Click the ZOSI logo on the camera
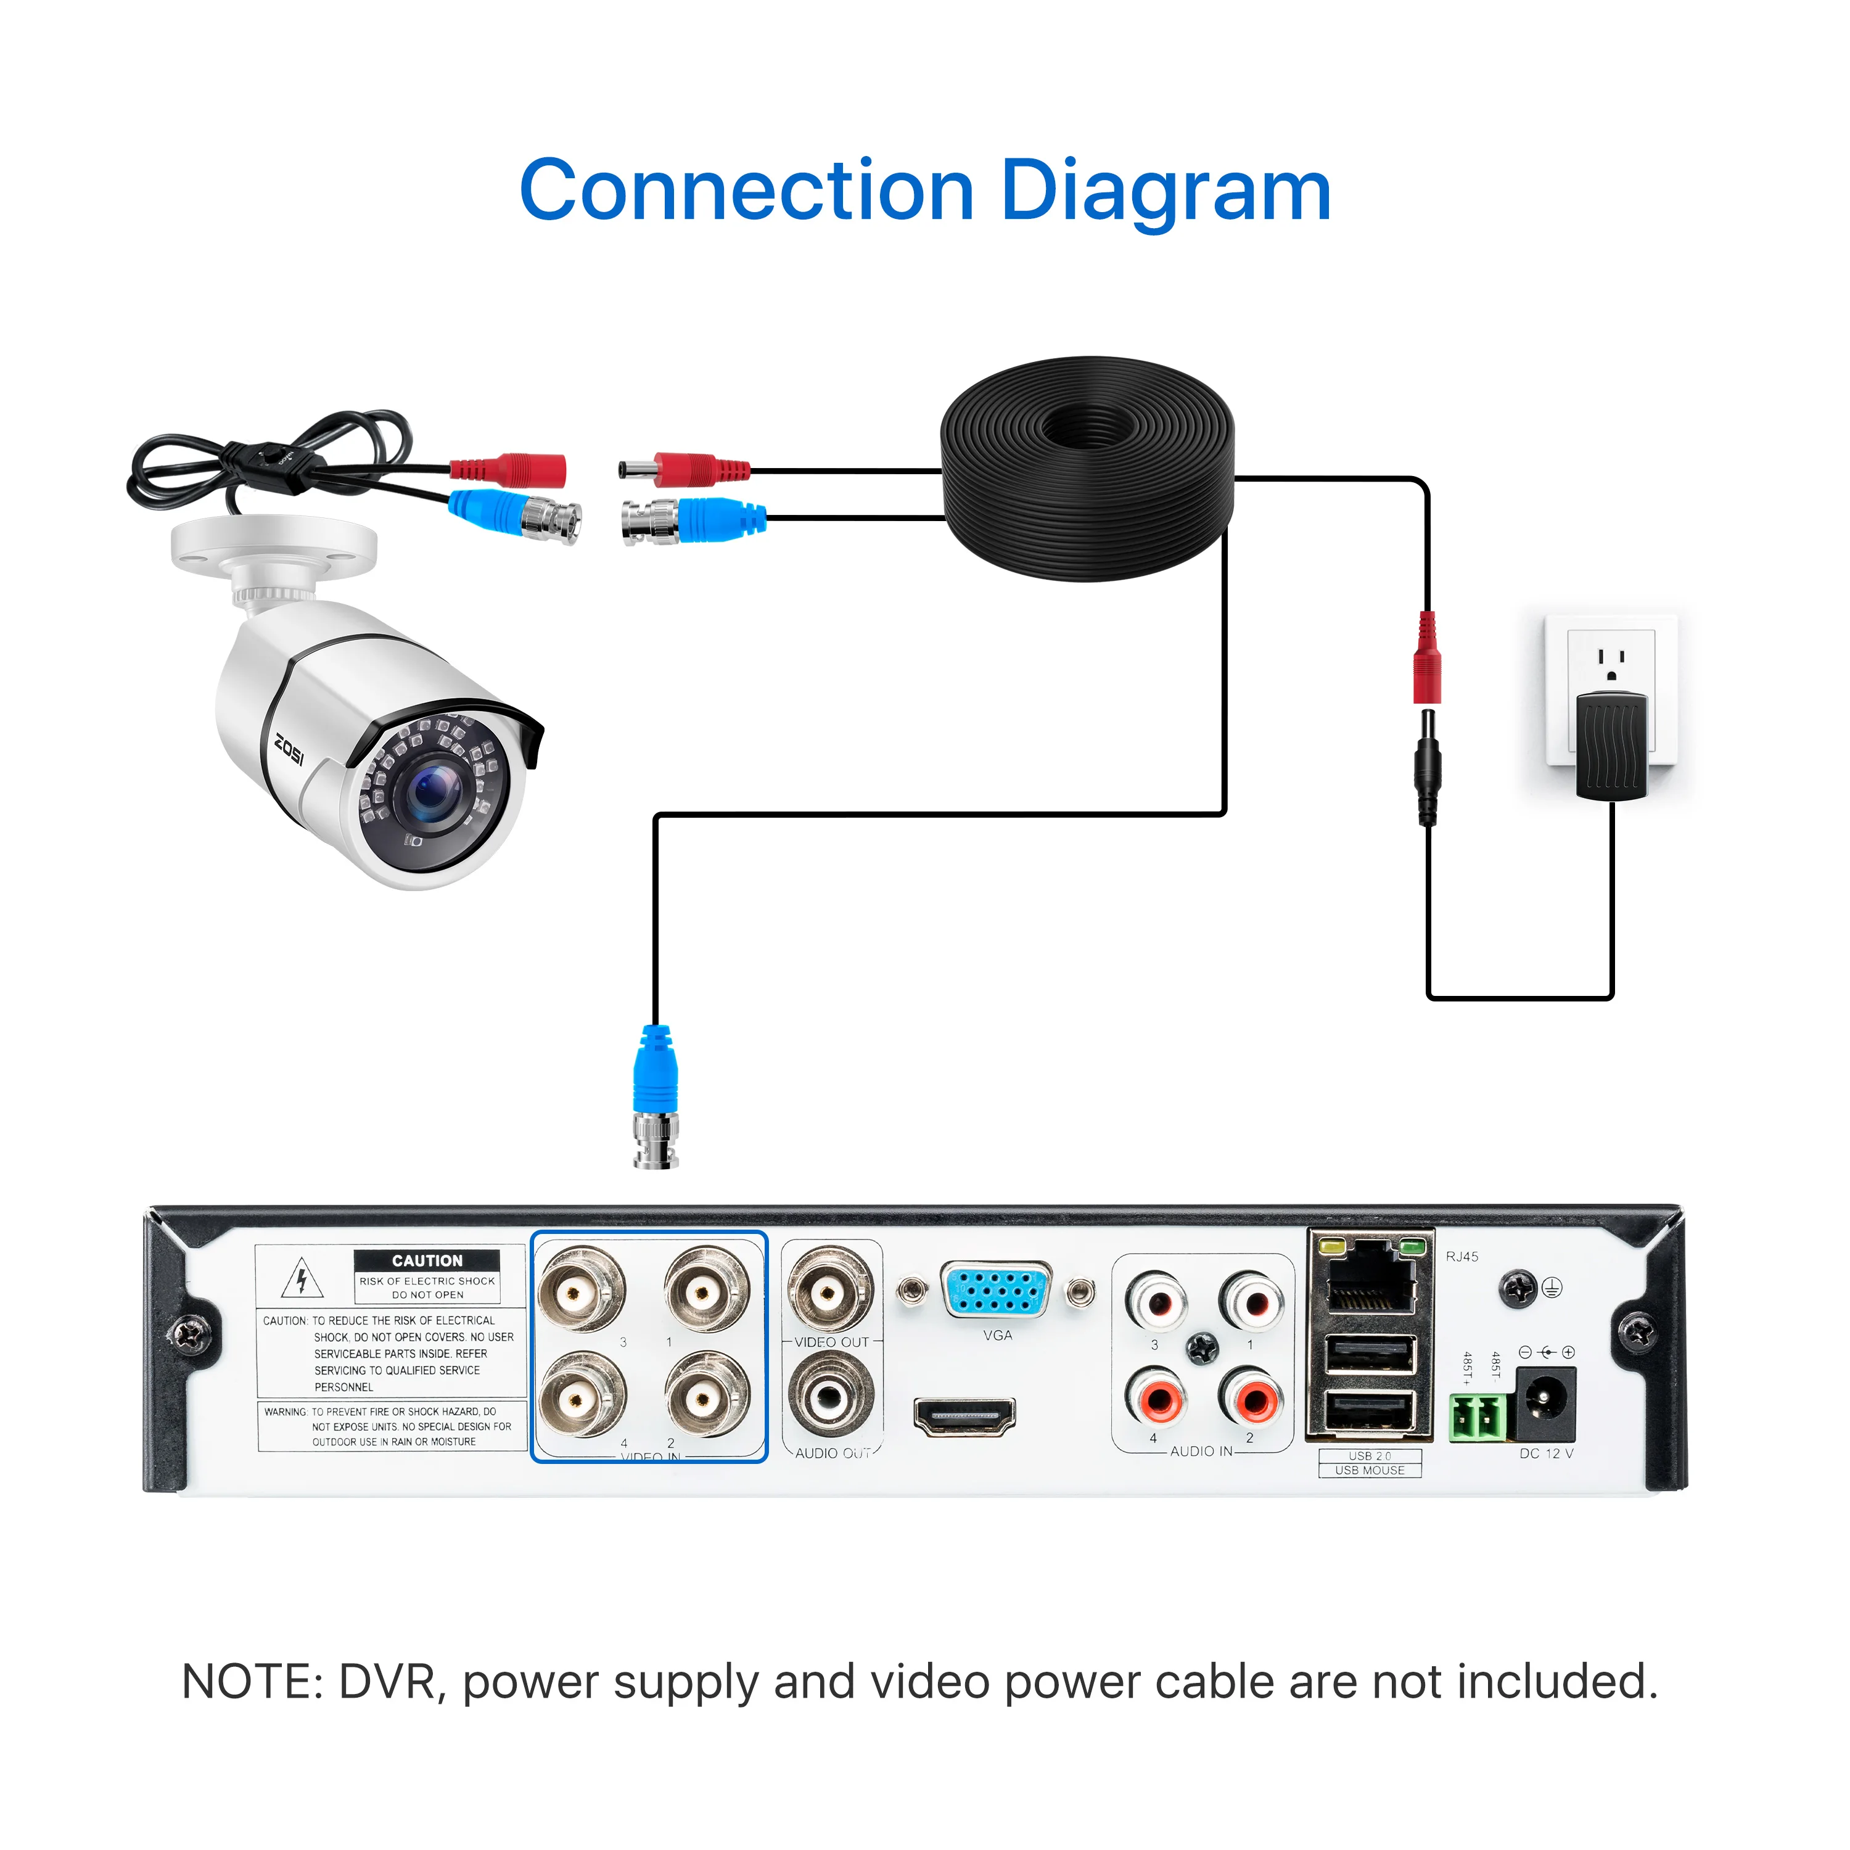(289, 749)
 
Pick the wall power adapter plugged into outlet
(1611, 745)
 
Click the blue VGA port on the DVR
(996, 1291)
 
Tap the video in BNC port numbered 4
(582, 1399)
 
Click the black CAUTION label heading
(427, 1260)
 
